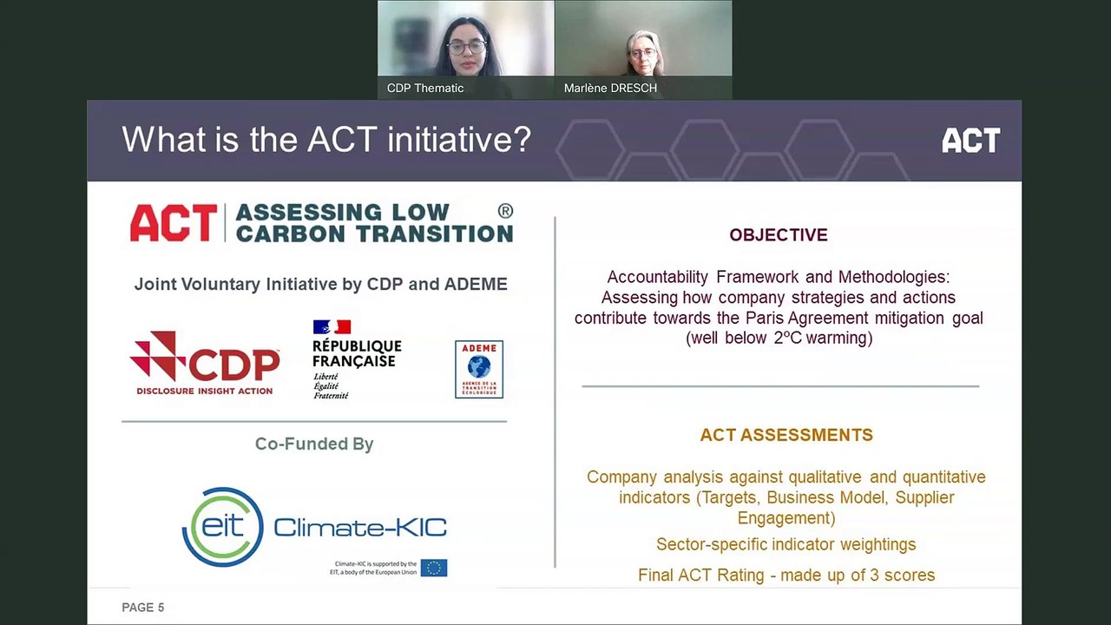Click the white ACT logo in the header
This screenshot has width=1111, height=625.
pos(970,141)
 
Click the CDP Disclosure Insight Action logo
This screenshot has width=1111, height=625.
pos(205,364)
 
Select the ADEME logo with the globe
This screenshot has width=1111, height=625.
pos(479,369)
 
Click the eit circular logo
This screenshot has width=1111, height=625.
pos(223,527)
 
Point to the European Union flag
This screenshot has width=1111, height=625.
pos(434,568)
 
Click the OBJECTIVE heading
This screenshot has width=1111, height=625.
pos(778,235)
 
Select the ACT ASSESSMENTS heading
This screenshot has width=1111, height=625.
pos(786,435)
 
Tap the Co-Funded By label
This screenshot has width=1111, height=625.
pos(314,444)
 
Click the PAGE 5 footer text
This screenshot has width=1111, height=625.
pos(143,608)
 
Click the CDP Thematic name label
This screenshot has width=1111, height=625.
pos(425,89)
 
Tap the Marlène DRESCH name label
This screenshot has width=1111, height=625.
pos(610,89)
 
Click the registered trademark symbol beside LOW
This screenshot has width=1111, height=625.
pos(505,211)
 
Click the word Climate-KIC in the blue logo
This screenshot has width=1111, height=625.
pos(360,527)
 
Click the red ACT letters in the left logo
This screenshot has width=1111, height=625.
pos(174,223)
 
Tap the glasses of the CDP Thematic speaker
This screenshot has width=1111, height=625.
pos(466,47)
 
